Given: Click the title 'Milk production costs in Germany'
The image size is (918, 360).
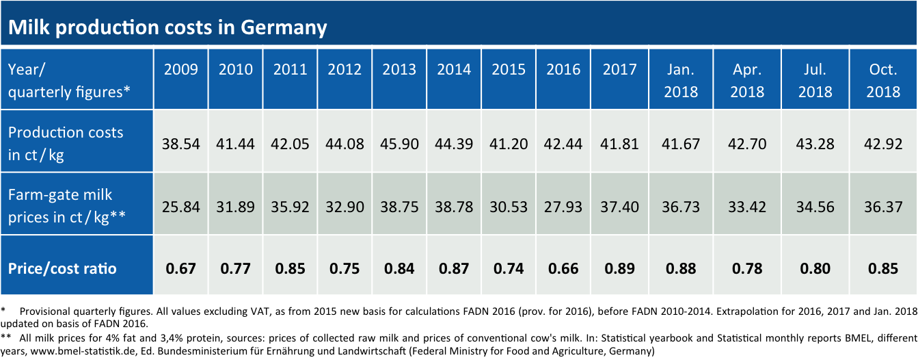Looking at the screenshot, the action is tap(167, 27).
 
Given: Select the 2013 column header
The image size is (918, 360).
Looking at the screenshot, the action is tap(399, 69).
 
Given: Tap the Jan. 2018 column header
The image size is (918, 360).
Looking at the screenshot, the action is tap(681, 81).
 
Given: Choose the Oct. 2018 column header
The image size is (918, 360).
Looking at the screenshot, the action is tap(883, 81).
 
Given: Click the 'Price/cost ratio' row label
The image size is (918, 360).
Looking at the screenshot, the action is tap(62, 268).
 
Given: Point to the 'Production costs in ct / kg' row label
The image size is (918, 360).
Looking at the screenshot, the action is tap(66, 144).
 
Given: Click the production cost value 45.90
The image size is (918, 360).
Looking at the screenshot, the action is tap(399, 144).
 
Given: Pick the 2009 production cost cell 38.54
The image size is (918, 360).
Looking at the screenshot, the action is tap(180, 144).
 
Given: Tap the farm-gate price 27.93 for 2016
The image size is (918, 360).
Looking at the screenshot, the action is tap(563, 207).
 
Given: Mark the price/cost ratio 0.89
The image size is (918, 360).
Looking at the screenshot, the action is tap(620, 268).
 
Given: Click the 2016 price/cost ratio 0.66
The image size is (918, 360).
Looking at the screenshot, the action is tap(563, 268).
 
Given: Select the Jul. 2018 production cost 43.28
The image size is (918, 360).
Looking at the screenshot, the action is tap(815, 144).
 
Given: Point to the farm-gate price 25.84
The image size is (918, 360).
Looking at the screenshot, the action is tap(180, 207).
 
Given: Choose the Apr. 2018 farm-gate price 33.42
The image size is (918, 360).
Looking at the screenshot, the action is tap(747, 207).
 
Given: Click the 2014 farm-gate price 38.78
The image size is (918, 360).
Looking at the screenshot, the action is tap(454, 207).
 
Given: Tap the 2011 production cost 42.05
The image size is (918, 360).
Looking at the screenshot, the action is tap(290, 144).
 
